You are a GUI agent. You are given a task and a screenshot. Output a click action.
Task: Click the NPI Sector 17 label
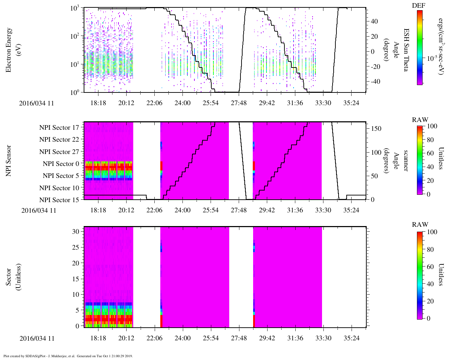pyautogui.click(x=59, y=128)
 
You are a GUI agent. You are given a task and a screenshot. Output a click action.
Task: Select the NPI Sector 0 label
pyautogui.click(x=61, y=164)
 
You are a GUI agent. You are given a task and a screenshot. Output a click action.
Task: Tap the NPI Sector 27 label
pyautogui.click(x=59, y=152)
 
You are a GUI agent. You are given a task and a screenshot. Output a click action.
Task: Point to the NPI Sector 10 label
pyautogui.click(x=59, y=188)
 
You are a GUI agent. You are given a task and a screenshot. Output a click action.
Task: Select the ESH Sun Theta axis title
pyautogui.click(x=405, y=50)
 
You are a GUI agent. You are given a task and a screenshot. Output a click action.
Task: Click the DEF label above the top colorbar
pyautogui.click(x=418, y=6)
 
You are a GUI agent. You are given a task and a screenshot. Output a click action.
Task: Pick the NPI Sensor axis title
pyautogui.click(x=8, y=161)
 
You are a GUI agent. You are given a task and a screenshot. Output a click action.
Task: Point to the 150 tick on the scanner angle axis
pyautogui.click(x=376, y=129)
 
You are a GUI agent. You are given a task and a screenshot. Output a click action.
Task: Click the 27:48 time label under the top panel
pyautogui.click(x=239, y=103)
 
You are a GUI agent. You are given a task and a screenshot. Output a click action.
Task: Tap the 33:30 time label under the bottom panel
pyautogui.click(x=323, y=338)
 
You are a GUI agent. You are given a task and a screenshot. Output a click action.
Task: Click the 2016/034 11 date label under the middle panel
pyautogui.click(x=39, y=211)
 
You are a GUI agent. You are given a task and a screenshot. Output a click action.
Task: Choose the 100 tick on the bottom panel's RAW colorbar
pyautogui.click(x=432, y=232)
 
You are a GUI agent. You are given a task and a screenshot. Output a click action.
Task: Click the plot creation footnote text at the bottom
pyautogui.click(x=68, y=356)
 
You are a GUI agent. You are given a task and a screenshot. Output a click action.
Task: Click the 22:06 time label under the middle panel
pyautogui.click(x=154, y=210)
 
